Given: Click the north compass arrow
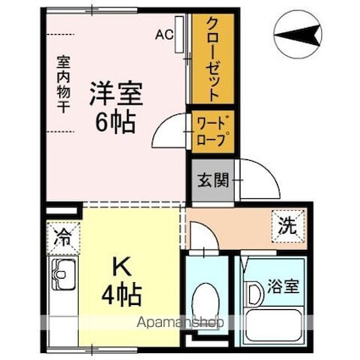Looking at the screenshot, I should coord(302,36).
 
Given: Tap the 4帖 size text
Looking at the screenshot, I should coord(121,296).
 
